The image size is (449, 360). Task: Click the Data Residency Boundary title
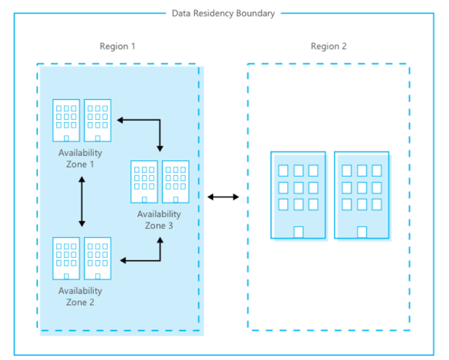click(223, 13)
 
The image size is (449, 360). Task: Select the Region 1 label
click(117, 46)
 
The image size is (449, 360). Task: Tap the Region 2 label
click(329, 46)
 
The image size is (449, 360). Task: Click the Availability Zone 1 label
click(80, 159)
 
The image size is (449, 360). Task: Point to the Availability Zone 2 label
click(80, 297)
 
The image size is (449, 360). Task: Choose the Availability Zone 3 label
click(159, 220)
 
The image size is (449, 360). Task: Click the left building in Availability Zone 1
click(66, 120)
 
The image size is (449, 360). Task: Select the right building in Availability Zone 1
click(97, 120)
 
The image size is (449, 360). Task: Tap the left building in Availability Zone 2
click(66, 258)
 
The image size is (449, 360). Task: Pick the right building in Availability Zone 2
click(97, 258)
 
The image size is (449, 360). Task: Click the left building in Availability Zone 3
click(144, 182)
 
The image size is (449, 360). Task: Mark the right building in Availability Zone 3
click(175, 182)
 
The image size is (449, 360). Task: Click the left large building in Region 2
click(298, 195)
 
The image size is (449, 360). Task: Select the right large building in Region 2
click(362, 195)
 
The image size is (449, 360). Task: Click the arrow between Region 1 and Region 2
click(223, 197)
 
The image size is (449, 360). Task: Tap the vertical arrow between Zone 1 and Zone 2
click(82, 203)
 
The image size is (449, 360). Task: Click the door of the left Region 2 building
click(298, 232)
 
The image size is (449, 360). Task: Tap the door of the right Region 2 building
click(362, 232)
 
